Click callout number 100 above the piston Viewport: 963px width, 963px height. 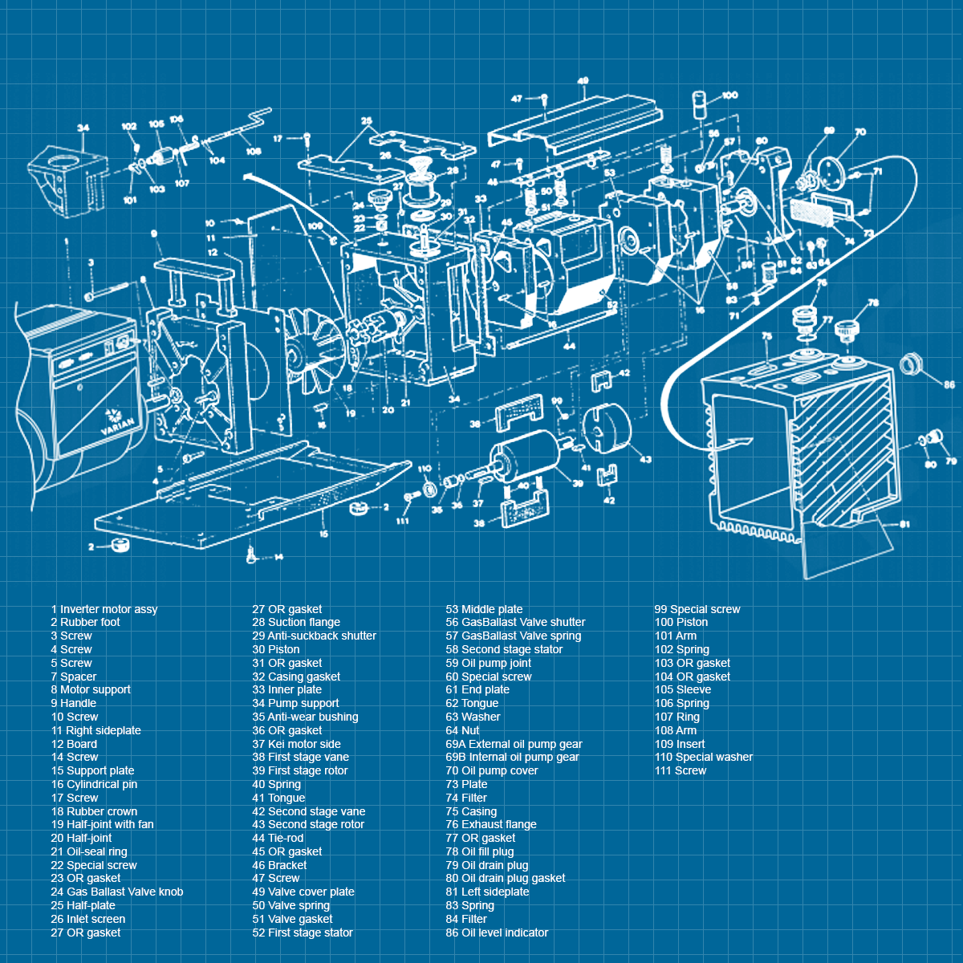point(729,95)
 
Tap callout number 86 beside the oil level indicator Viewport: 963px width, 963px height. point(949,385)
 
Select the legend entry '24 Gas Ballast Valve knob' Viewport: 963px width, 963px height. point(117,892)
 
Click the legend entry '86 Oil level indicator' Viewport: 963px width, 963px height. point(497,933)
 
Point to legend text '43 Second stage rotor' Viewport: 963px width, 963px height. point(308,824)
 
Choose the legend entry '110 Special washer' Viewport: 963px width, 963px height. point(704,757)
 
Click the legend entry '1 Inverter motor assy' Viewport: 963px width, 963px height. point(104,609)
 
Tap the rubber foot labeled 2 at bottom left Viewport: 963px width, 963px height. point(120,546)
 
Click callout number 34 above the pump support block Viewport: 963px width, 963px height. point(83,128)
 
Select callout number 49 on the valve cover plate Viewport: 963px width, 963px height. point(583,81)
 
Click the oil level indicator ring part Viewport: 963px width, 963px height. point(909,364)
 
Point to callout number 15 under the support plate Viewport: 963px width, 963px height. point(323,534)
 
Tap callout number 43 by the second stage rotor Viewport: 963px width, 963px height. point(645,460)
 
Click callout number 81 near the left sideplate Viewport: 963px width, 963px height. point(904,524)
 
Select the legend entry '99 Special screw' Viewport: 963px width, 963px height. point(697,609)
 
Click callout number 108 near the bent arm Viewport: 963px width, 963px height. point(254,151)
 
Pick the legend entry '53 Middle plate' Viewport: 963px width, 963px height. point(484,609)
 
